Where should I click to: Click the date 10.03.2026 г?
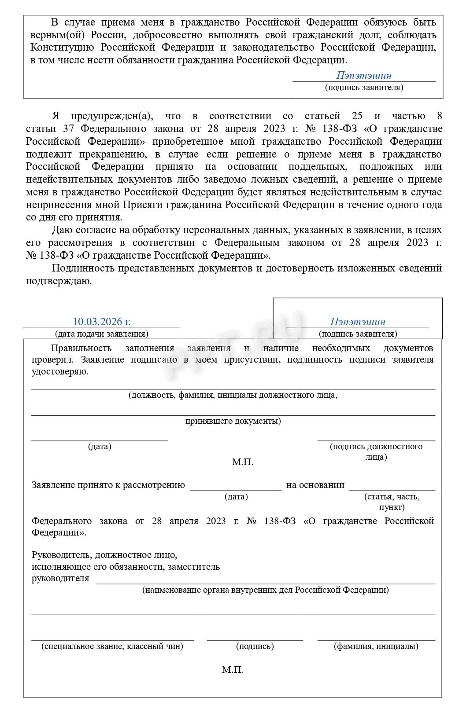coord(101,322)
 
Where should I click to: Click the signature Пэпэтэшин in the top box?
coord(363,75)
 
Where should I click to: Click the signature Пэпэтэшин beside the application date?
coord(358,322)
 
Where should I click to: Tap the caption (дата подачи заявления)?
coord(101,334)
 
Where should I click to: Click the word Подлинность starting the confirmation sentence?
coord(81,268)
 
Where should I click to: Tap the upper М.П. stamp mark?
coord(242,462)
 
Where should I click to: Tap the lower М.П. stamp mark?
coord(232,670)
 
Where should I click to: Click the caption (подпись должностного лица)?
coord(376,451)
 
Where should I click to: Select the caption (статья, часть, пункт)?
coord(391,502)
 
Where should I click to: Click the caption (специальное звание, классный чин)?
coord(112,646)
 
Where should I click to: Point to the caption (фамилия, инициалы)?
coord(376,646)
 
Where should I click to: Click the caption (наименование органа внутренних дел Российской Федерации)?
coord(265,590)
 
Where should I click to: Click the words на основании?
coord(315,485)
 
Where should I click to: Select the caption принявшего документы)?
coord(233,421)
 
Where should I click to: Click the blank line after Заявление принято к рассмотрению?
coord(236,487)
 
